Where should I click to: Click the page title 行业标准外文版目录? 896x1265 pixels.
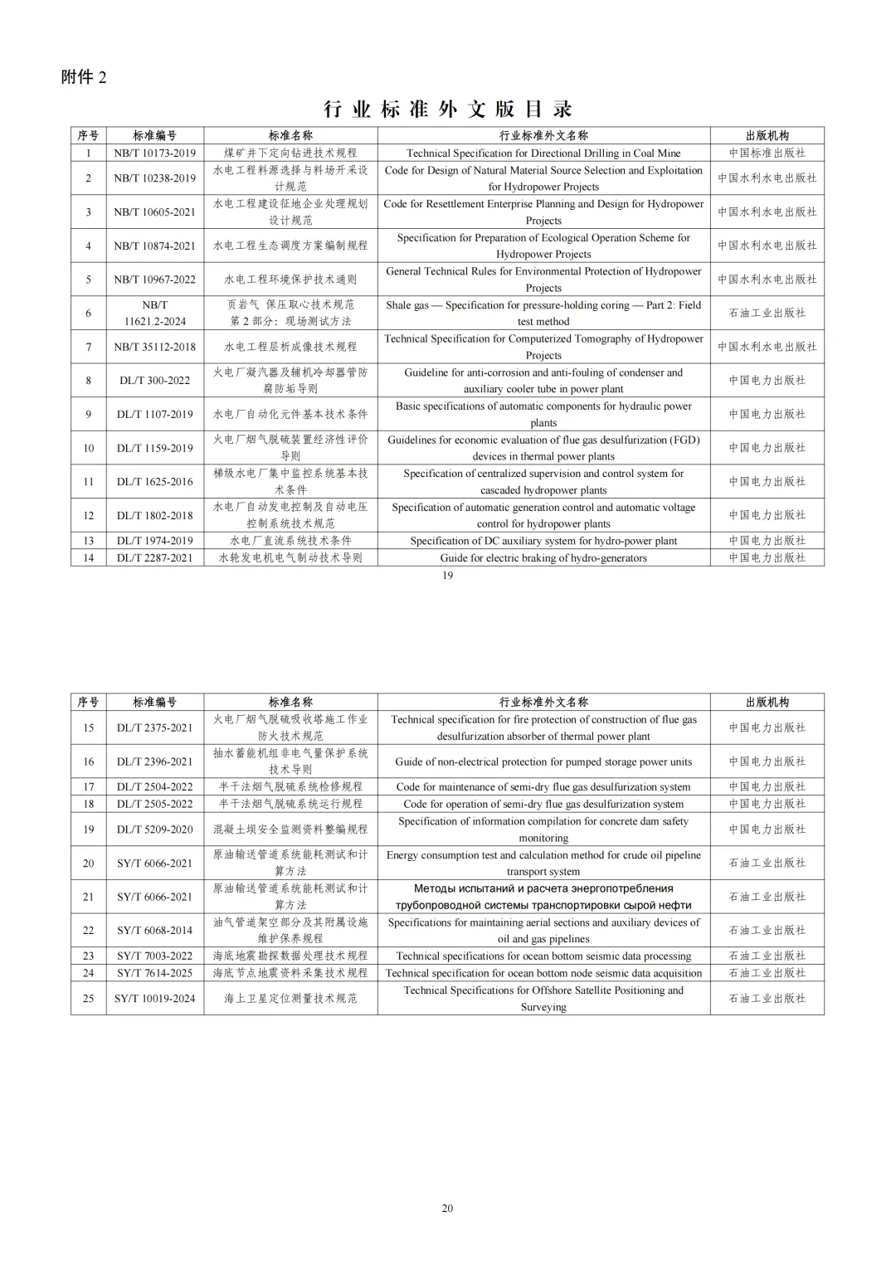(447, 109)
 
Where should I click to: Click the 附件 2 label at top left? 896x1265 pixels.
(84, 77)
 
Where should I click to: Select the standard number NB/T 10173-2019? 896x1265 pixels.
(154, 153)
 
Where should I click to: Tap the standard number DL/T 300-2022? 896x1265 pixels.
(154, 380)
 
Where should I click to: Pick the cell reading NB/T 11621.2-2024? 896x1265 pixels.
(154, 313)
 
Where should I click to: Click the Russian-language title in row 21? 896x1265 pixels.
(543, 897)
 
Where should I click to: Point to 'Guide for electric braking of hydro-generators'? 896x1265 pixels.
(543, 557)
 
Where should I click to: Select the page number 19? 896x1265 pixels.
(447, 576)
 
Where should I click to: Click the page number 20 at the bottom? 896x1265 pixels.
(447, 1208)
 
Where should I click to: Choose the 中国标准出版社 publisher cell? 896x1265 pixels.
(767, 153)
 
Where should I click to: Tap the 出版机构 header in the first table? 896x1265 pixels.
(767, 135)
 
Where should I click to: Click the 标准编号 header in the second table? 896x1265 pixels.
(154, 702)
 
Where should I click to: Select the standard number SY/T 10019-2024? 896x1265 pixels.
(154, 998)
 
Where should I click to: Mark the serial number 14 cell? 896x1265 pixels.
(88, 557)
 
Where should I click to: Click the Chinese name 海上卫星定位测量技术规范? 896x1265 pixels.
(290, 998)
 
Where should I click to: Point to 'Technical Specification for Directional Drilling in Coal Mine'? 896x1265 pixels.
(543, 153)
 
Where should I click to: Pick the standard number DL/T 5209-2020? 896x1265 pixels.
(154, 829)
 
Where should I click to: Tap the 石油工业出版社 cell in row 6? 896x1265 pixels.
(767, 313)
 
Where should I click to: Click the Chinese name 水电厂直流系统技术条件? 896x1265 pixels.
(290, 540)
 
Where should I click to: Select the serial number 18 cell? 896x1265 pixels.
(88, 803)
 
